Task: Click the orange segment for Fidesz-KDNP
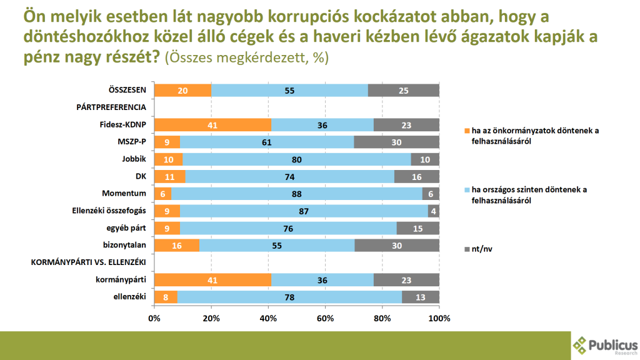pos(212,124)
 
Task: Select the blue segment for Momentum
pos(296,193)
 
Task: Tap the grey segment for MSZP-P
pos(396,142)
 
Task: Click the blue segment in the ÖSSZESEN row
pos(289,91)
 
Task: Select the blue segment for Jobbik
pos(296,159)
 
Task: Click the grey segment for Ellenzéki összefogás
pos(434,210)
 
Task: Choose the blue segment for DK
pos(291,176)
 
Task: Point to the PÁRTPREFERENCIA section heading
pos(111,107)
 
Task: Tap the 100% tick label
pos(439,319)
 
